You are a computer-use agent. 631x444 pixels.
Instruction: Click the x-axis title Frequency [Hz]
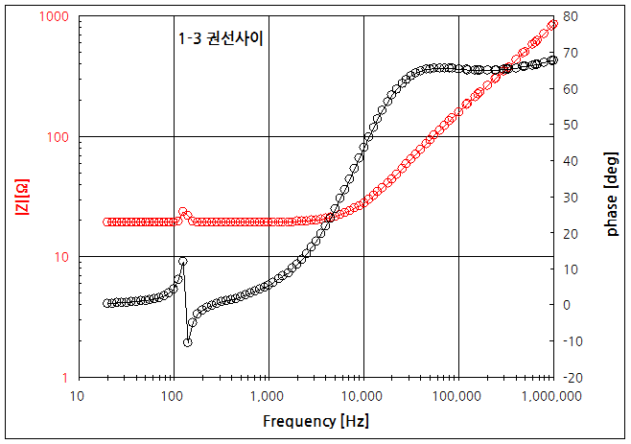(315, 421)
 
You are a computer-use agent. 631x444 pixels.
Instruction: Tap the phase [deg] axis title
(611, 198)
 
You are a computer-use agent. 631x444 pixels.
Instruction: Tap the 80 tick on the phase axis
(569, 17)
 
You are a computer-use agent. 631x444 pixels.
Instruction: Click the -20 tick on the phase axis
(572, 378)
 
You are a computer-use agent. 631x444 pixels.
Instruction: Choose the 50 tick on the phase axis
(569, 125)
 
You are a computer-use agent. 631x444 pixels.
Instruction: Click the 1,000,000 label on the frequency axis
(550, 395)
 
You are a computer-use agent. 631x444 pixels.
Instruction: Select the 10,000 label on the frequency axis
(363, 395)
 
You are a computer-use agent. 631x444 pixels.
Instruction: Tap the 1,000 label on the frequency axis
(269, 395)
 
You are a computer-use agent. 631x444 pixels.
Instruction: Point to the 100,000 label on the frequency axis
(457, 395)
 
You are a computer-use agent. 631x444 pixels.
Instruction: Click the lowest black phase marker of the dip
(188, 342)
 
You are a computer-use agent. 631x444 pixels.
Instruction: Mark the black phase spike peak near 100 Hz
(182, 261)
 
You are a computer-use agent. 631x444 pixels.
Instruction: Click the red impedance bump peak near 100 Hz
(182, 211)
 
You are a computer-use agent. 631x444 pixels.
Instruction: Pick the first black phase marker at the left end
(106, 303)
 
